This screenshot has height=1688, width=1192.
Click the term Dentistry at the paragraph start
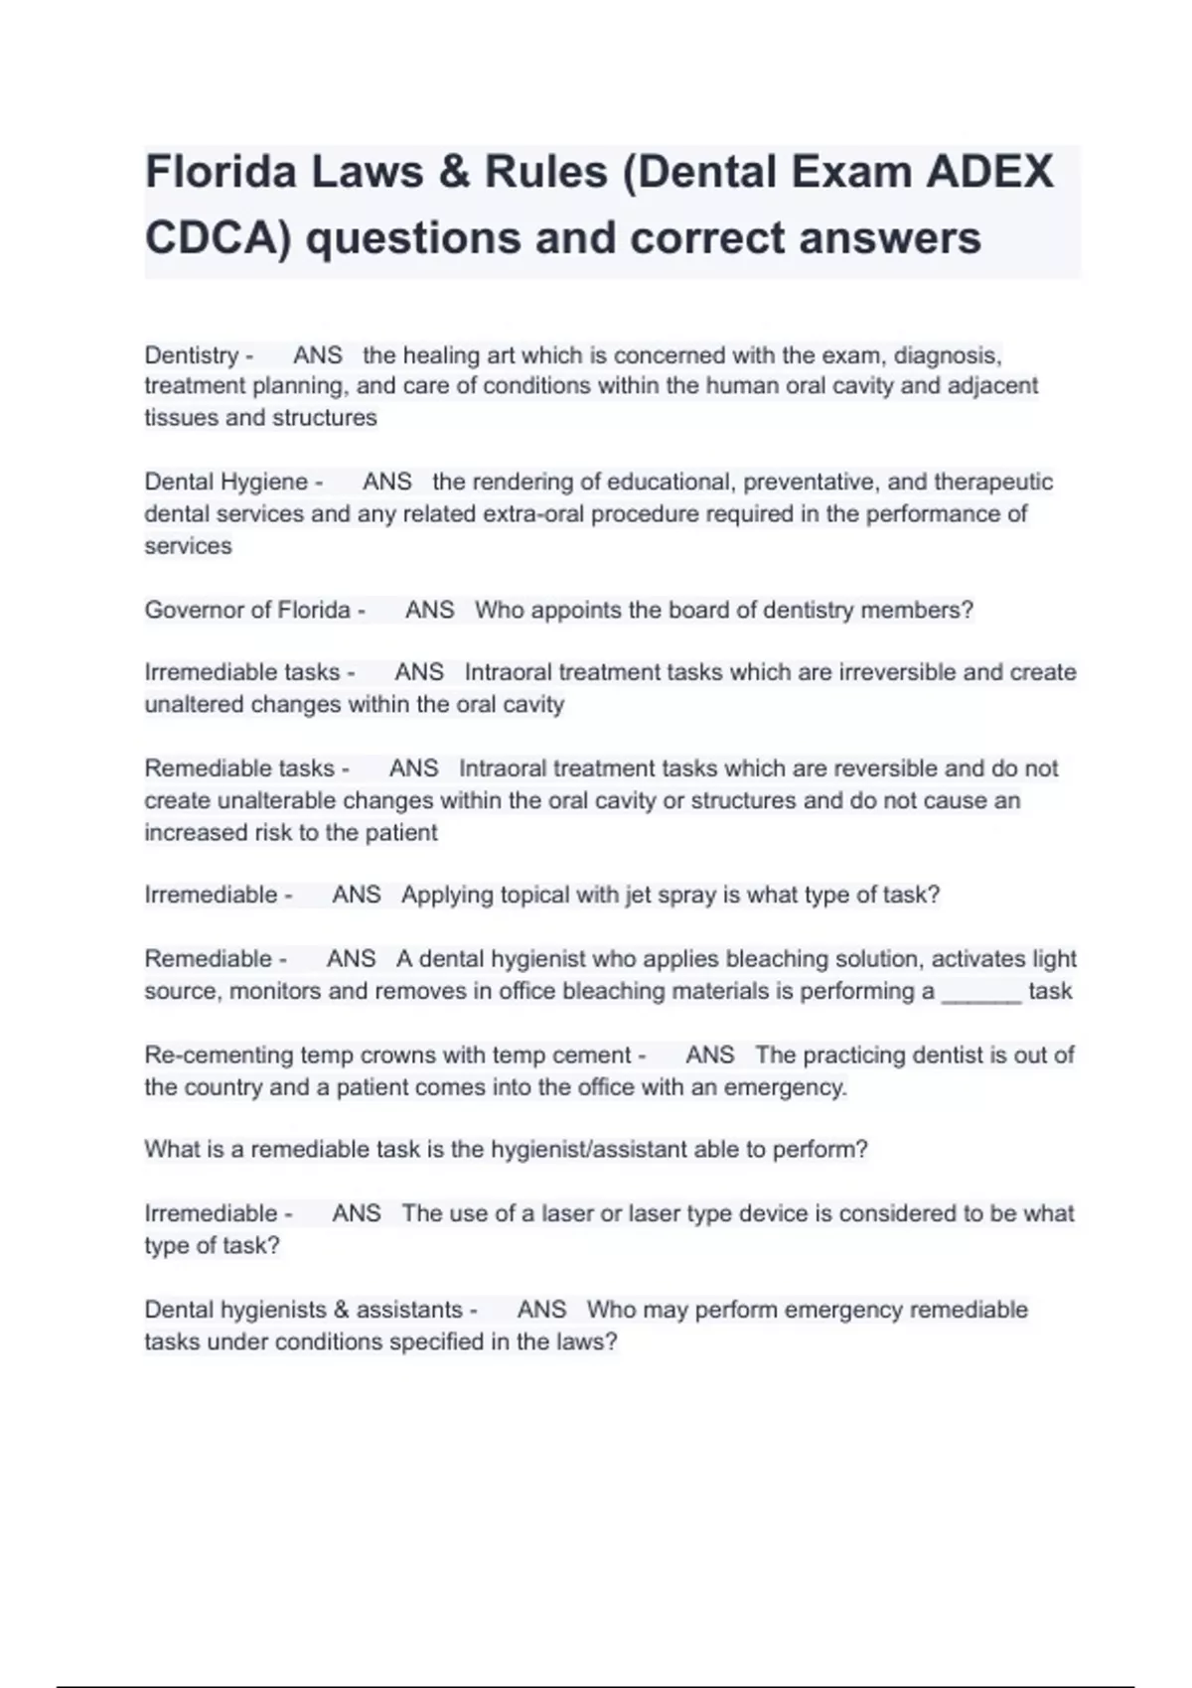(x=192, y=355)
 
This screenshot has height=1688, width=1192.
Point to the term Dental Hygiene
(x=226, y=483)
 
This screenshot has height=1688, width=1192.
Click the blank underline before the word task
(x=980, y=991)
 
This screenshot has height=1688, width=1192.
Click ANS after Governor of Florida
(x=429, y=610)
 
